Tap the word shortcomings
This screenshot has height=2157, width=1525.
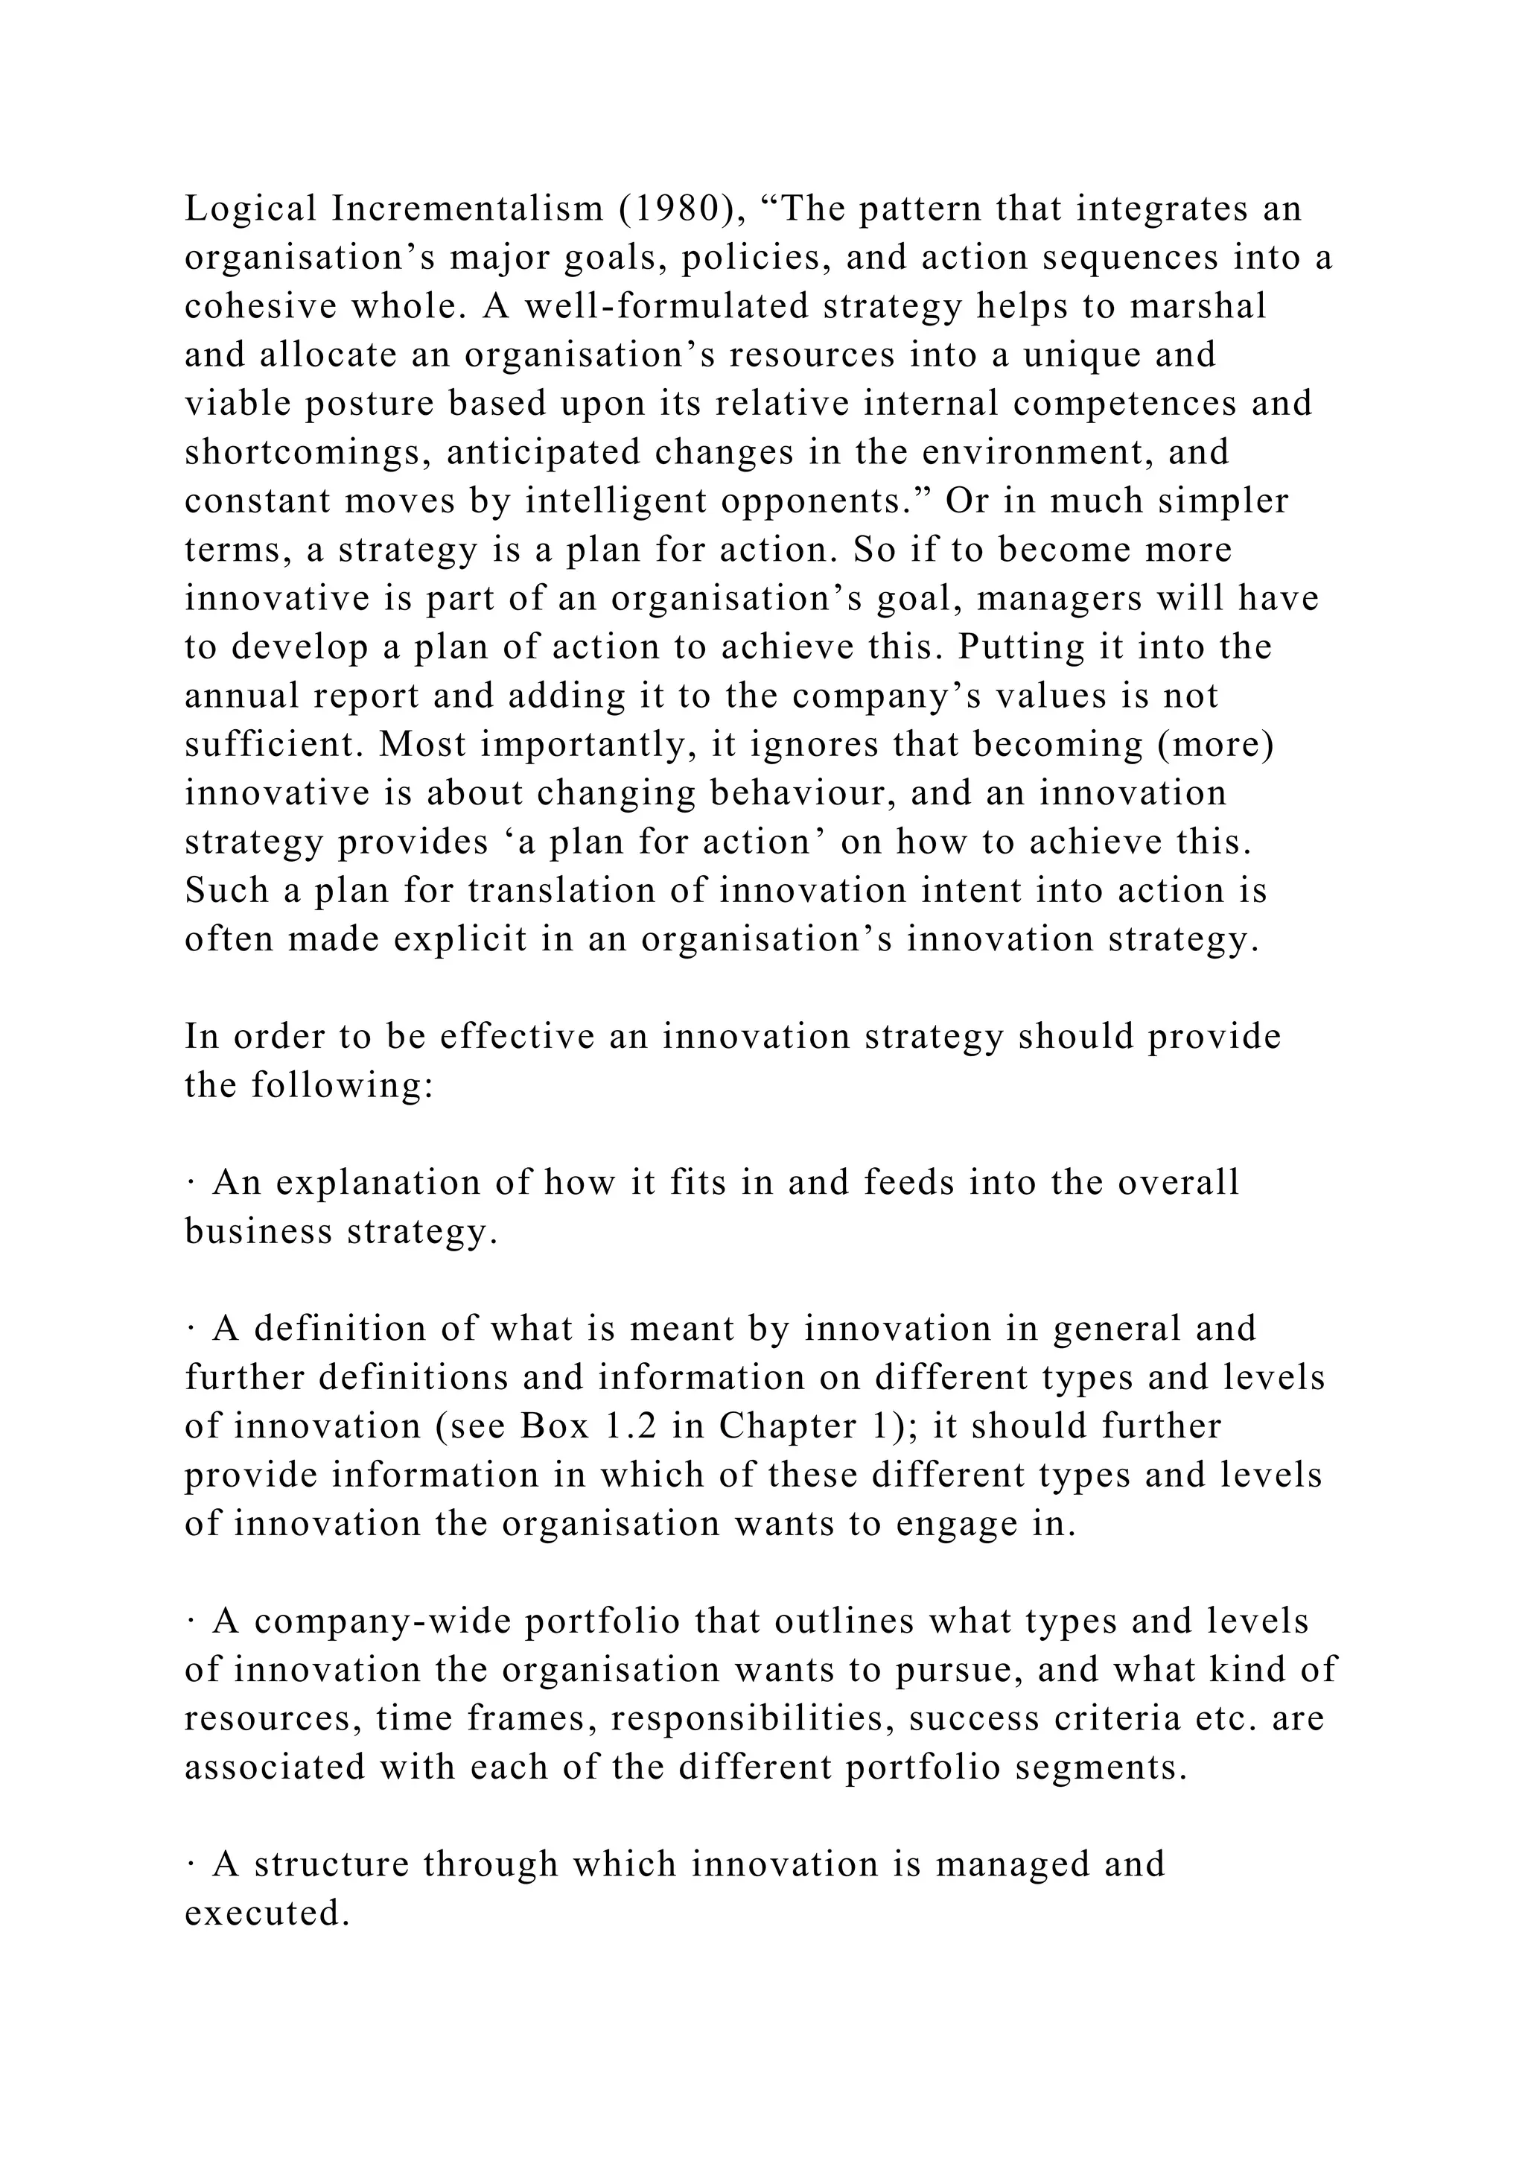click(307, 453)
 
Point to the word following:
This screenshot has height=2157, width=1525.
click(342, 1086)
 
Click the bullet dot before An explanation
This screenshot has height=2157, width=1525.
click(191, 1184)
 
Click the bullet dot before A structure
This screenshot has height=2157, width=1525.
click(191, 1865)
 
